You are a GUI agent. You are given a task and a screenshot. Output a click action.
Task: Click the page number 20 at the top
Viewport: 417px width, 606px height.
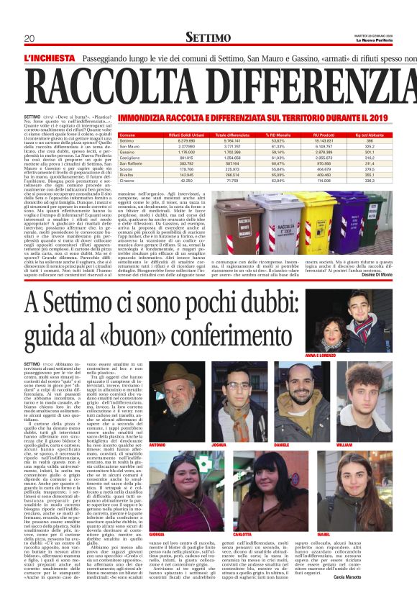point(29,38)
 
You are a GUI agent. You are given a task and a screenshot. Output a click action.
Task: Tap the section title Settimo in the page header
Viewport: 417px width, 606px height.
point(208,37)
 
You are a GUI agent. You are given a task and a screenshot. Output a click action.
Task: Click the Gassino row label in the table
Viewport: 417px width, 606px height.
point(128,153)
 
